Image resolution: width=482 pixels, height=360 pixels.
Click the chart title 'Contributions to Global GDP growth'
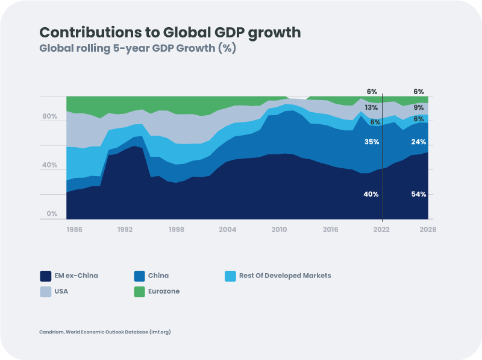[170, 33]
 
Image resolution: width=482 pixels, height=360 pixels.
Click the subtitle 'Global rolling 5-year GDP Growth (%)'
[137, 49]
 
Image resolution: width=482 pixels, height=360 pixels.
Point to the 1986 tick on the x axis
[74, 230]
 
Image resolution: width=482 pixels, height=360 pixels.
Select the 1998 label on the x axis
[177, 230]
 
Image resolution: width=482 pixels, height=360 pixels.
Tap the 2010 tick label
[279, 230]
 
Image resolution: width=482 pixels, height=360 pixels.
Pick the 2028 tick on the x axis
[428, 230]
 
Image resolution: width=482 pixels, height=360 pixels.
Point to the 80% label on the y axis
[49, 116]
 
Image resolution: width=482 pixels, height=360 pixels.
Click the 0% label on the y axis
[52, 214]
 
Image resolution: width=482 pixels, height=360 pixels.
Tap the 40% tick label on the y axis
[49, 165]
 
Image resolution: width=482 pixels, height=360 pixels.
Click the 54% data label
[419, 194]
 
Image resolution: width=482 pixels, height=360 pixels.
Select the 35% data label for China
[372, 142]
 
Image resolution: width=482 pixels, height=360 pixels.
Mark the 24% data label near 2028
[419, 142]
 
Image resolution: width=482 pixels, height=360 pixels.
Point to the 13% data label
[371, 108]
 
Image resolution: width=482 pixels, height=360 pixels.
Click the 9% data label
[419, 108]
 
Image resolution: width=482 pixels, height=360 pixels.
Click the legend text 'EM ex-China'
[75, 276]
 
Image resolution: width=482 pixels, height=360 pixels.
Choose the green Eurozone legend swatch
[138, 291]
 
